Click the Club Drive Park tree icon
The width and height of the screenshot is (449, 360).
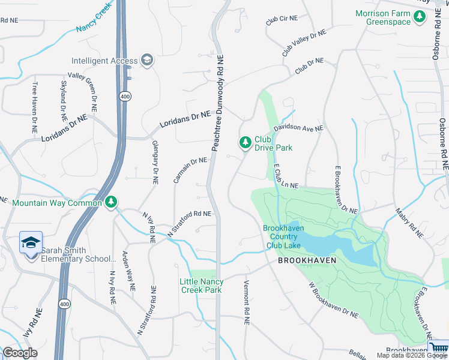point(245,143)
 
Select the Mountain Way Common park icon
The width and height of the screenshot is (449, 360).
point(110,203)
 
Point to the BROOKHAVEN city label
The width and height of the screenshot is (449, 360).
point(306,261)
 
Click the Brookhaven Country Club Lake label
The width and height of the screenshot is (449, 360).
point(282,236)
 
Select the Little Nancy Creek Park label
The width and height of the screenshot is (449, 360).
point(202,286)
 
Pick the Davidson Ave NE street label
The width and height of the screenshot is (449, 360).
point(299,128)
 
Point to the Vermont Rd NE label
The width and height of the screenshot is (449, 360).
point(246,302)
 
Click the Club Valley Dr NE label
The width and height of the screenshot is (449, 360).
point(304,43)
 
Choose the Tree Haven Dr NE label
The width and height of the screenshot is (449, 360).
point(35,107)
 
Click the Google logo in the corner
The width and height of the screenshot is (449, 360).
point(20,353)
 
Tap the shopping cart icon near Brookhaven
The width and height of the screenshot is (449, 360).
point(439,347)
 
